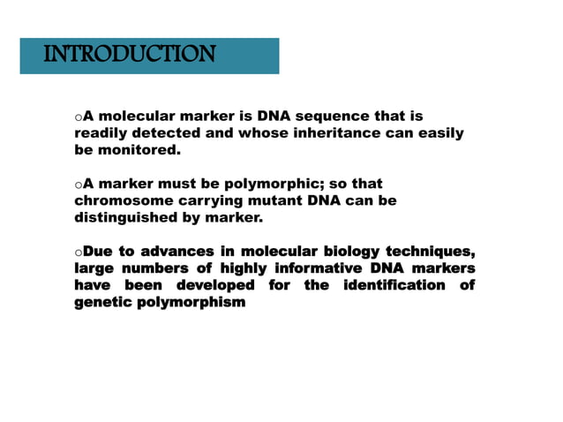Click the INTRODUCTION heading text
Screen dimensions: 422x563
pos(129,55)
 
